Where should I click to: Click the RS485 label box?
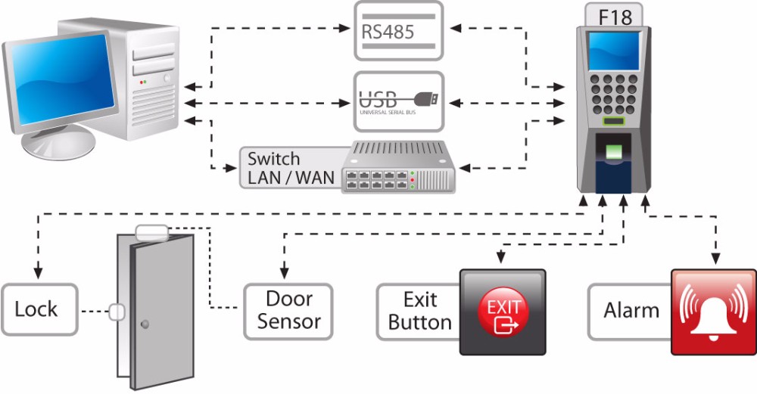pos(399,31)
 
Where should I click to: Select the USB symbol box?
pos(399,100)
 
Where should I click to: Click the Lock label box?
pos(39,309)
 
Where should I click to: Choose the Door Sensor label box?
pos(288,310)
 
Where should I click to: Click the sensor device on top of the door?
pos(151,231)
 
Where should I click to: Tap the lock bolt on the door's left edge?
pos(117,311)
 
